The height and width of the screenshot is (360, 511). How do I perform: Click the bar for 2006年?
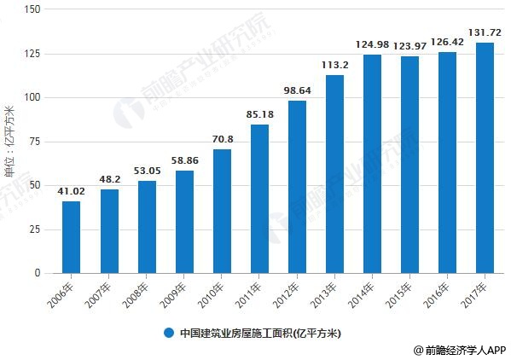click(x=72, y=237)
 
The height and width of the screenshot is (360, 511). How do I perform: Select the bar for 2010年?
click(x=222, y=212)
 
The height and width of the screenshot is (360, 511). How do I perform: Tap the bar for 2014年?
click(x=372, y=164)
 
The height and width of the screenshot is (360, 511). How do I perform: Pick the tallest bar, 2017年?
click(x=485, y=158)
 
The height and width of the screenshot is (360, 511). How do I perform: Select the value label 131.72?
click(x=485, y=32)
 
